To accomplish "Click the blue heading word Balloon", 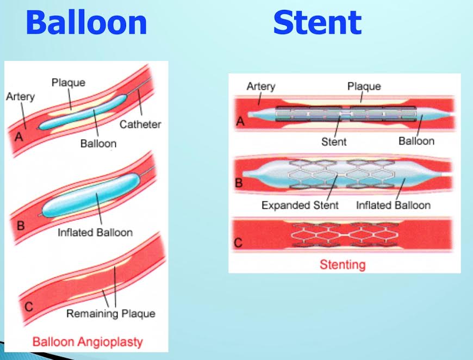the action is [x=86, y=22].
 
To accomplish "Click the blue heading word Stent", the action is [x=317, y=22].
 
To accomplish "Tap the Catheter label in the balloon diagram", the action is [x=140, y=125].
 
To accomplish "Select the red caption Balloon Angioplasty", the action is [x=88, y=342].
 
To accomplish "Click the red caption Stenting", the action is [x=343, y=265].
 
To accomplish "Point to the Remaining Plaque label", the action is [x=111, y=314].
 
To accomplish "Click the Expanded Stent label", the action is [x=300, y=205].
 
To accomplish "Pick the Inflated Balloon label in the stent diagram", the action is [x=394, y=205].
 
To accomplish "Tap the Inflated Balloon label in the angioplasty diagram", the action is [x=95, y=232].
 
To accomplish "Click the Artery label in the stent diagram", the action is [x=261, y=86].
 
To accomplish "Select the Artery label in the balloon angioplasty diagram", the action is [x=20, y=97].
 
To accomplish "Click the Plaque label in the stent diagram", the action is [x=364, y=86].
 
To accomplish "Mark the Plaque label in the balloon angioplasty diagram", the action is [x=68, y=83].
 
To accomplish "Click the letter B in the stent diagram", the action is [x=239, y=183].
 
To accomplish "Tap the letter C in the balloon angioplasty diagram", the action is [x=29, y=307].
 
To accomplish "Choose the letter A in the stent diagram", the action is [x=240, y=121].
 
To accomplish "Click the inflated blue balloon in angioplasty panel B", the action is [x=90, y=196].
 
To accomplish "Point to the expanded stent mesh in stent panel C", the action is [x=345, y=235].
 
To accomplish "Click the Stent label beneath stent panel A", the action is [x=334, y=142].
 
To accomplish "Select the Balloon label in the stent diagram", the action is [x=416, y=141].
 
